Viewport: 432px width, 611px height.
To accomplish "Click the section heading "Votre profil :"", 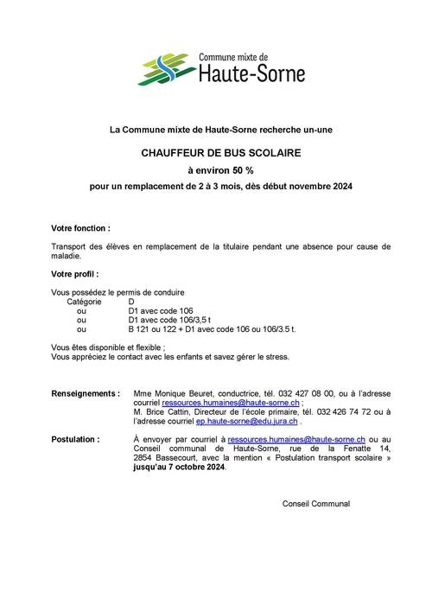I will click(75, 275).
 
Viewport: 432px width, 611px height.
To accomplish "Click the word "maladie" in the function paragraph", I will click(66, 256).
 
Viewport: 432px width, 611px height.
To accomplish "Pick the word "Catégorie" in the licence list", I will click(84, 302).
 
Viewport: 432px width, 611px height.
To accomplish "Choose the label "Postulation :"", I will click(75, 439).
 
